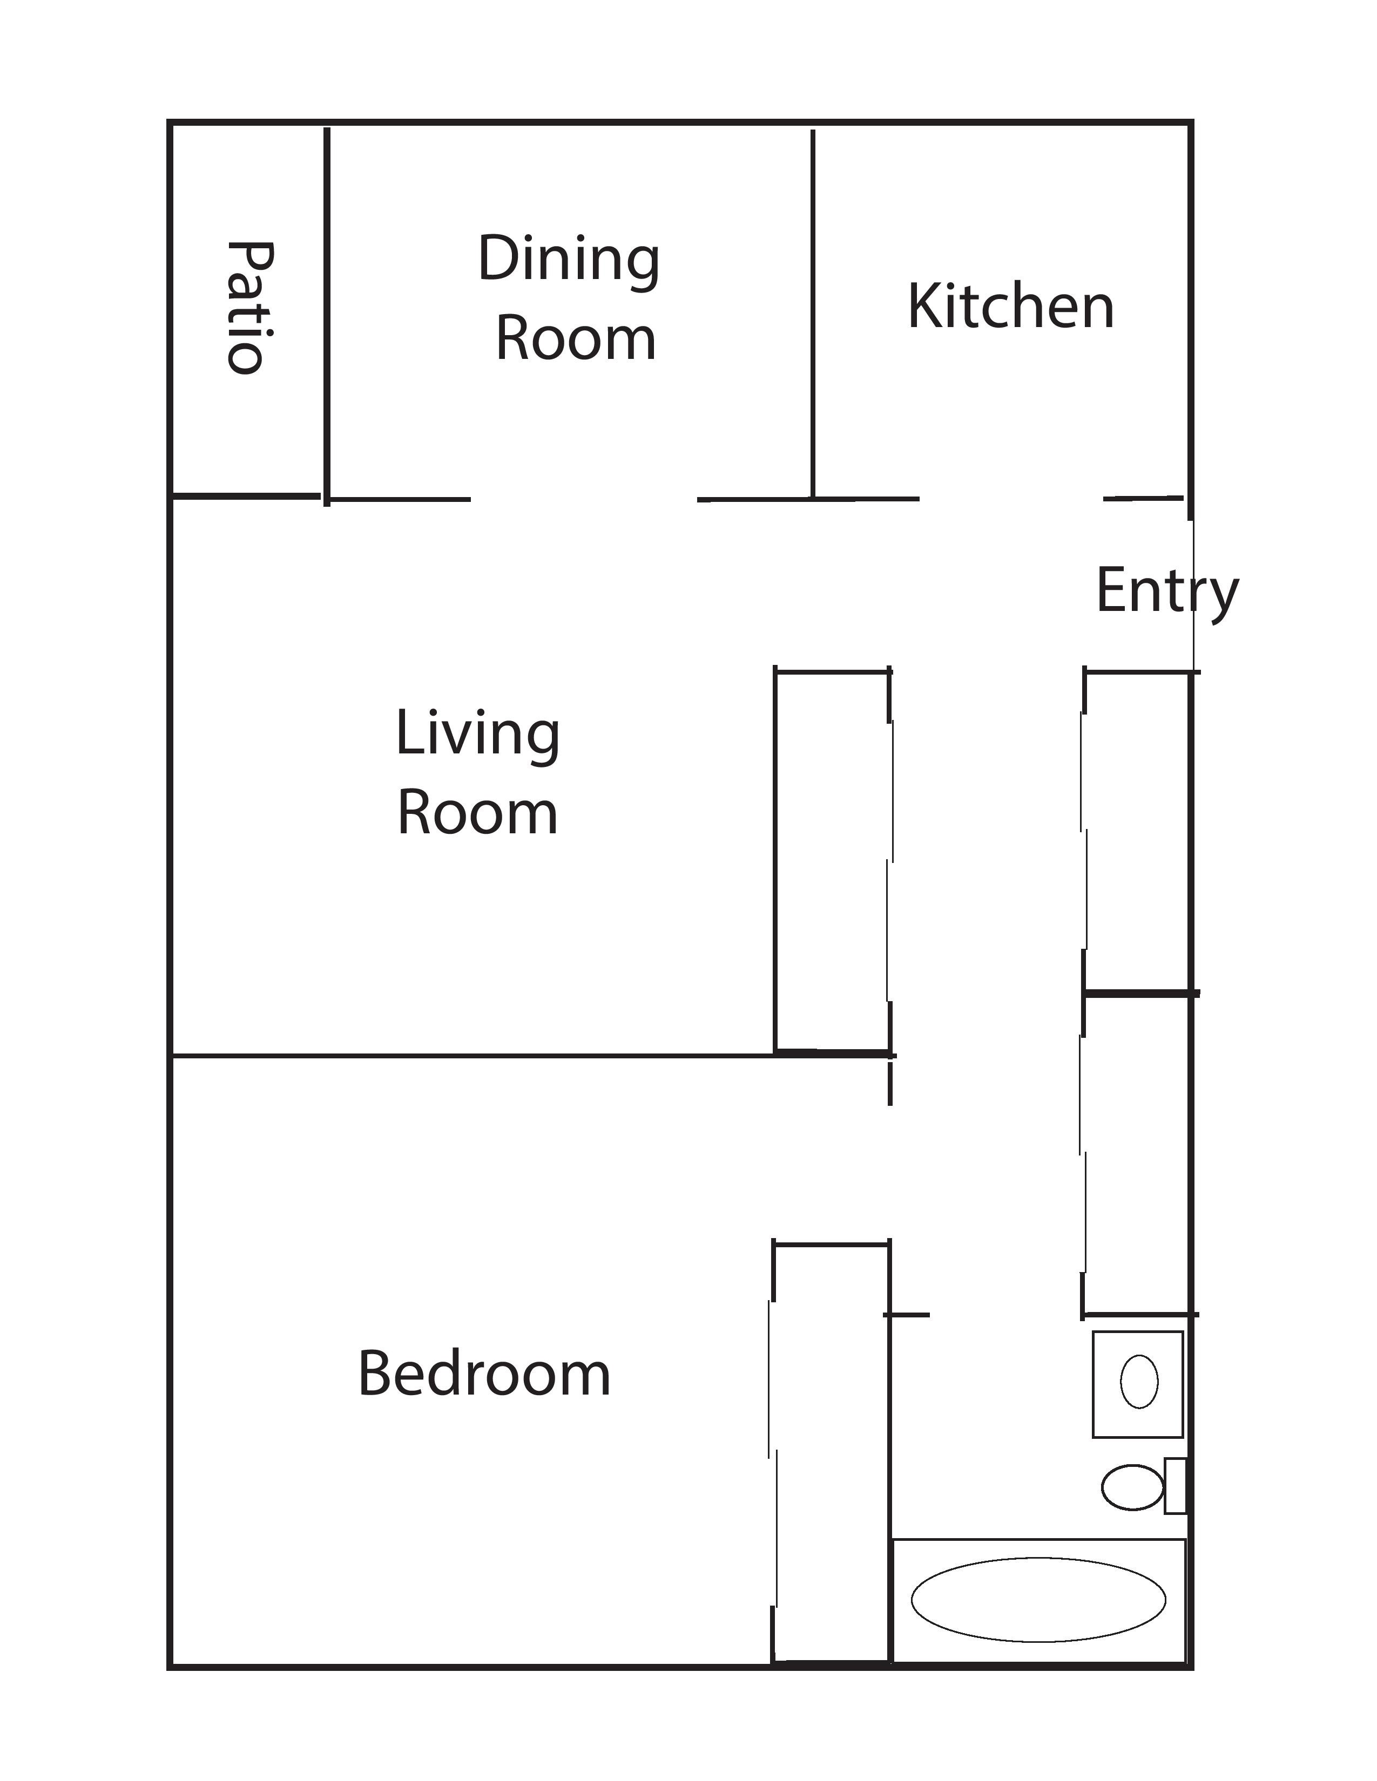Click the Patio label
(249, 308)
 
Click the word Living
(478, 736)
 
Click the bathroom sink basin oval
(1139, 1382)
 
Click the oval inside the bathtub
(1038, 1600)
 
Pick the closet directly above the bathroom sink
(1137, 1155)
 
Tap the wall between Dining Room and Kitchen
(813, 314)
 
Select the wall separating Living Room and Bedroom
(473, 1056)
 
